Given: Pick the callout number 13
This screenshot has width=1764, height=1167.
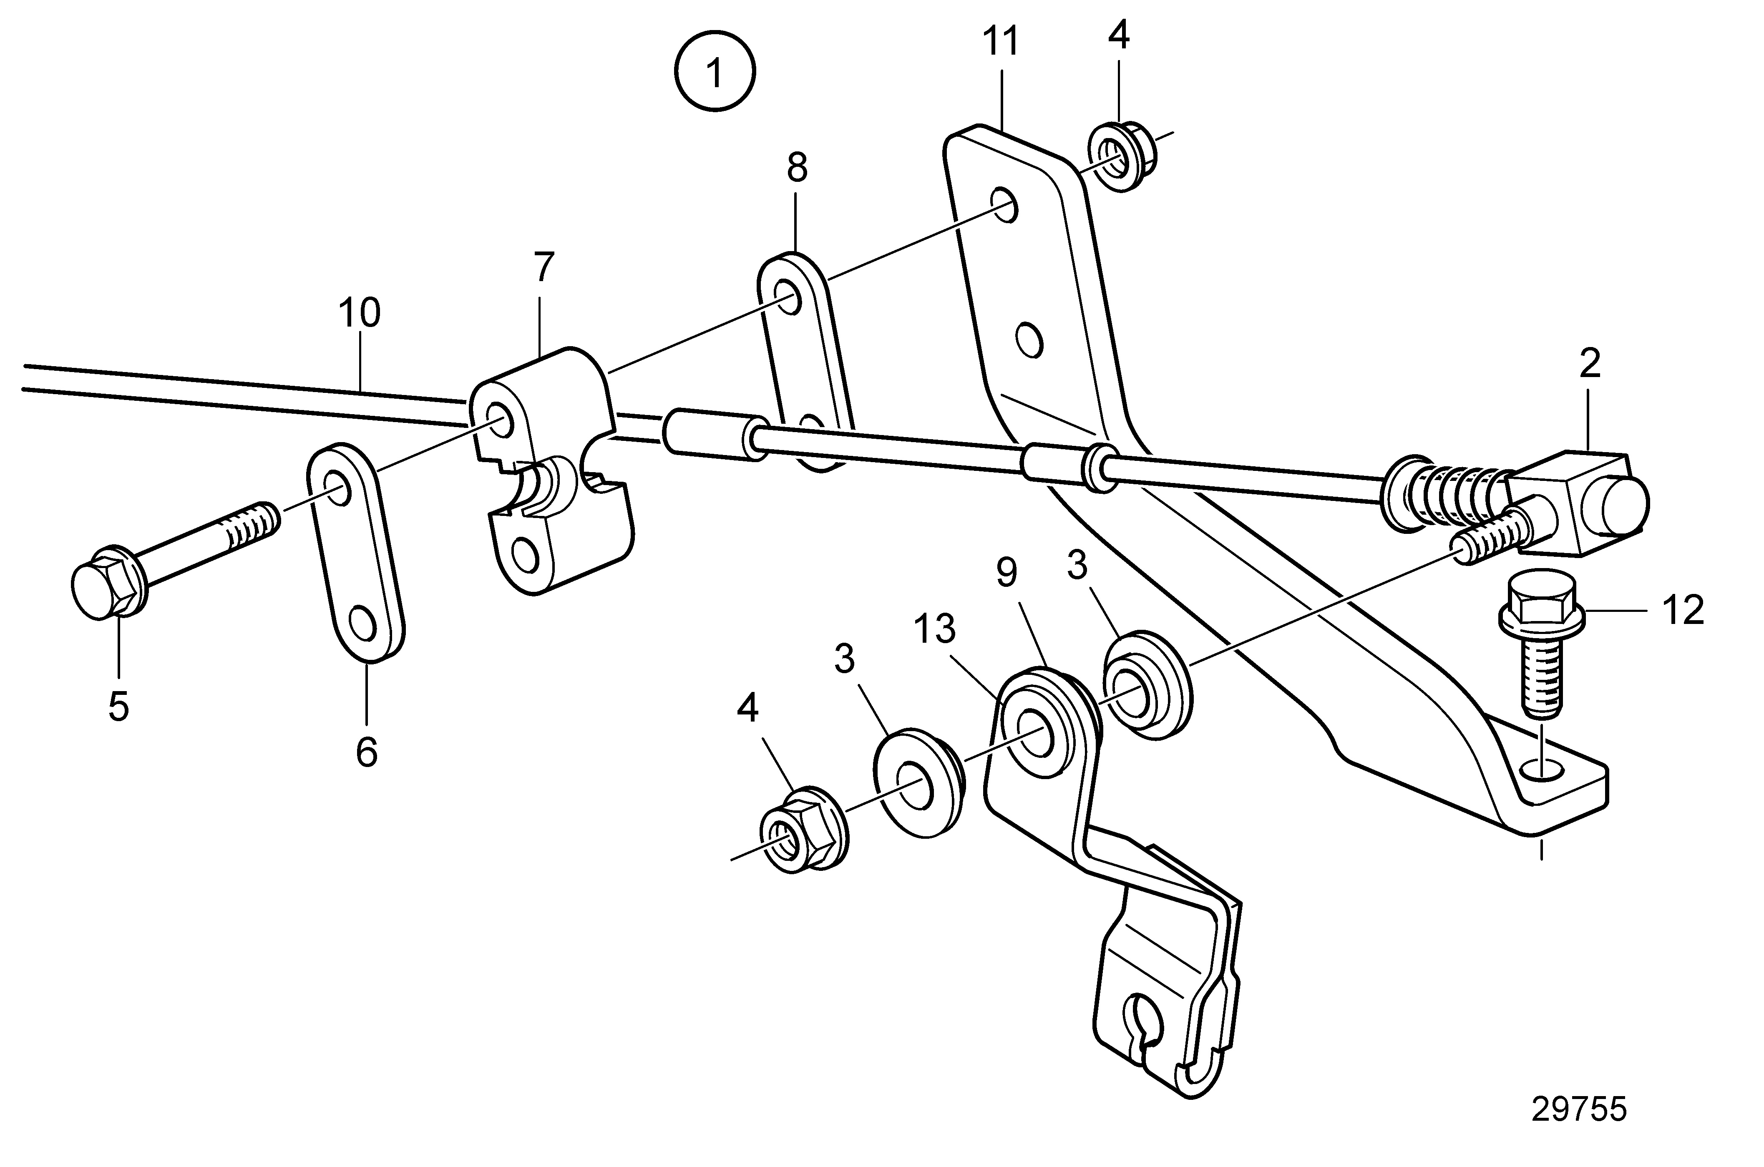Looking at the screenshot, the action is pos(935,630).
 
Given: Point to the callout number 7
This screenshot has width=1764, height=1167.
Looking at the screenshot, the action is pos(544,268).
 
